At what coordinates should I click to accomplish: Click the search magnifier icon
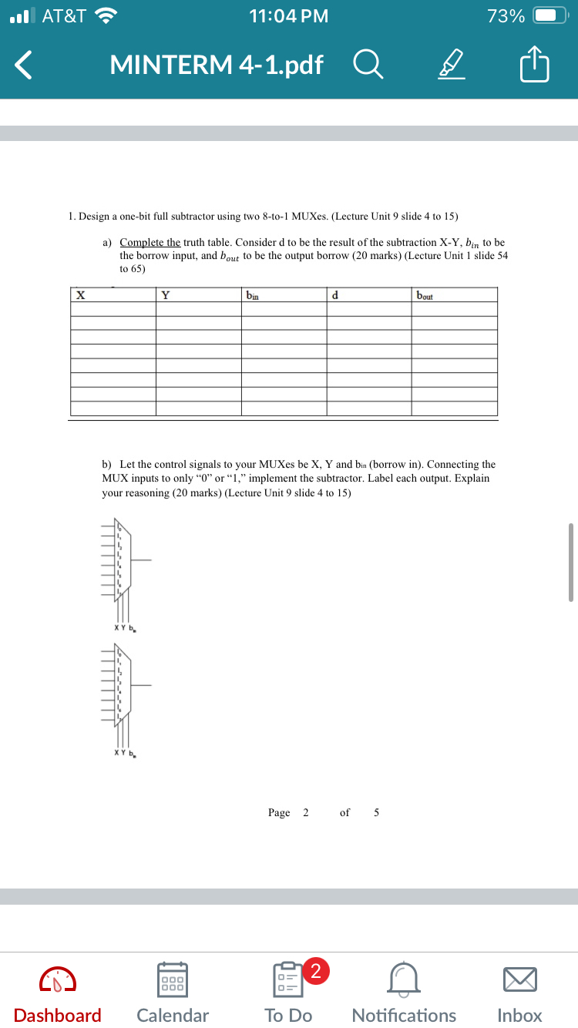[x=368, y=66]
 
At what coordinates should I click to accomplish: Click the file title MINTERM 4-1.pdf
[x=217, y=66]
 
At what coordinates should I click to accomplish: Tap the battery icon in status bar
[x=549, y=16]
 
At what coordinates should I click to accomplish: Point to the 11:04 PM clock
[x=289, y=16]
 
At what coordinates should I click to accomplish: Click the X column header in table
[x=79, y=294]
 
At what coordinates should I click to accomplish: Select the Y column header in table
[x=165, y=294]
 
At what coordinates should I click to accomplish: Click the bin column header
[x=252, y=294]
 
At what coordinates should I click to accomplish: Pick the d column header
[x=334, y=294]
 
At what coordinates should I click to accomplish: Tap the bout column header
[x=425, y=294]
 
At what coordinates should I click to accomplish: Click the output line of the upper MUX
[x=142, y=559]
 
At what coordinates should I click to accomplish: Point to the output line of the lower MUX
[x=142, y=684]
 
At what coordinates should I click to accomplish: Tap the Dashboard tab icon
[x=58, y=979]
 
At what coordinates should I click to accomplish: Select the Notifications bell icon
[x=404, y=979]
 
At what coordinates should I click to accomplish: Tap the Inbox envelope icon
[x=520, y=979]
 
